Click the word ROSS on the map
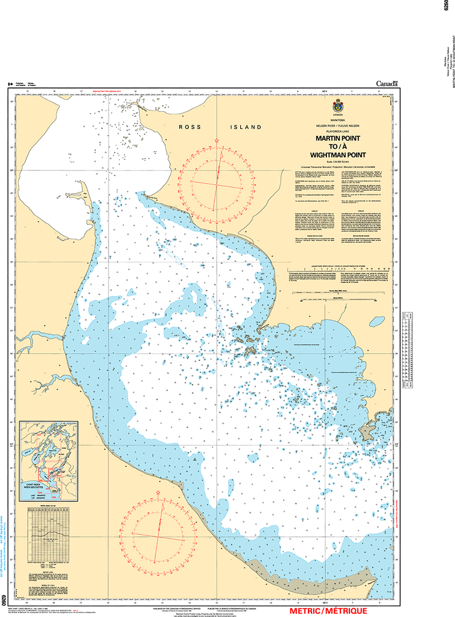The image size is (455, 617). point(189,127)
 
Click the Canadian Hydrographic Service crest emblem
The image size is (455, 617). point(337,106)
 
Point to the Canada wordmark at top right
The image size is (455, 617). point(387,84)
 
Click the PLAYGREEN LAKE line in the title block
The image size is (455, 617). point(337,130)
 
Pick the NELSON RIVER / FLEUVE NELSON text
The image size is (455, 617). point(337,125)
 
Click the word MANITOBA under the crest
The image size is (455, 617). point(337,120)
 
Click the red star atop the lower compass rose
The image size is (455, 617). point(159,493)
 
